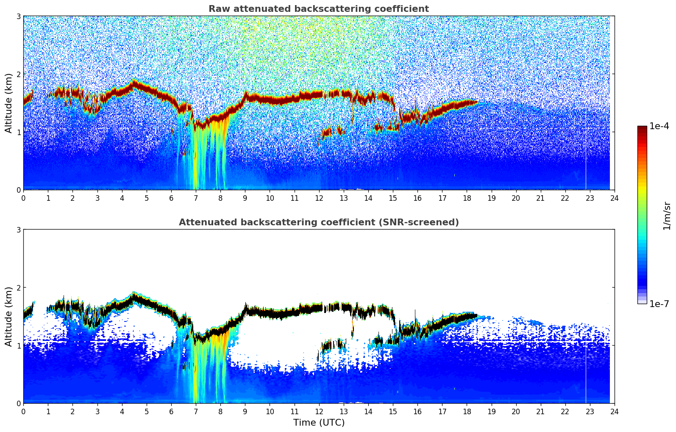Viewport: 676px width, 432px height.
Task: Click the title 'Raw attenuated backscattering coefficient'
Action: tap(318, 9)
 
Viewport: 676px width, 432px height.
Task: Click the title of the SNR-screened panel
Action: tap(318, 222)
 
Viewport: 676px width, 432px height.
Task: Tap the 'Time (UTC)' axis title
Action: tap(319, 422)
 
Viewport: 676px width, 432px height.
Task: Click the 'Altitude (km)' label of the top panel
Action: tap(8, 103)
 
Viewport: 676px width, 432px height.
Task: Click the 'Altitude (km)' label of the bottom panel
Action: tap(8, 316)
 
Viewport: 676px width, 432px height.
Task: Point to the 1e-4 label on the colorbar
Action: tap(659, 126)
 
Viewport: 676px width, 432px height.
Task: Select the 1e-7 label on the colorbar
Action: tap(659, 304)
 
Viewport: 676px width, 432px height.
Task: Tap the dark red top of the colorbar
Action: tap(642, 128)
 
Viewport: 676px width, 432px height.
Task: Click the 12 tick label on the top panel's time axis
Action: tap(319, 198)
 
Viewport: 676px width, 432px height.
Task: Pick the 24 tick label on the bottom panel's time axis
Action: tap(615, 411)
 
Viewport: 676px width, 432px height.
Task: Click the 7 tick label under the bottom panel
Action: tap(196, 411)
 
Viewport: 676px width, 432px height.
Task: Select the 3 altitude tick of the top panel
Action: tap(18, 16)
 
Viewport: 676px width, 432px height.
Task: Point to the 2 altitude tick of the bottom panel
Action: tap(18, 288)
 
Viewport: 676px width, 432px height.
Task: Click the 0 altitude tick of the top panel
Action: tap(18, 190)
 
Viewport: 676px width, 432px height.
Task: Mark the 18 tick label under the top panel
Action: tap(467, 198)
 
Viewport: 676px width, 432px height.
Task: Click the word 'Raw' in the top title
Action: tap(218, 9)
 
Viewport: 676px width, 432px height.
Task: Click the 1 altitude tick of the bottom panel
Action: tap(18, 346)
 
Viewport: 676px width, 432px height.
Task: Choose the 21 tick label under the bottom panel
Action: tap(540, 411)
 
